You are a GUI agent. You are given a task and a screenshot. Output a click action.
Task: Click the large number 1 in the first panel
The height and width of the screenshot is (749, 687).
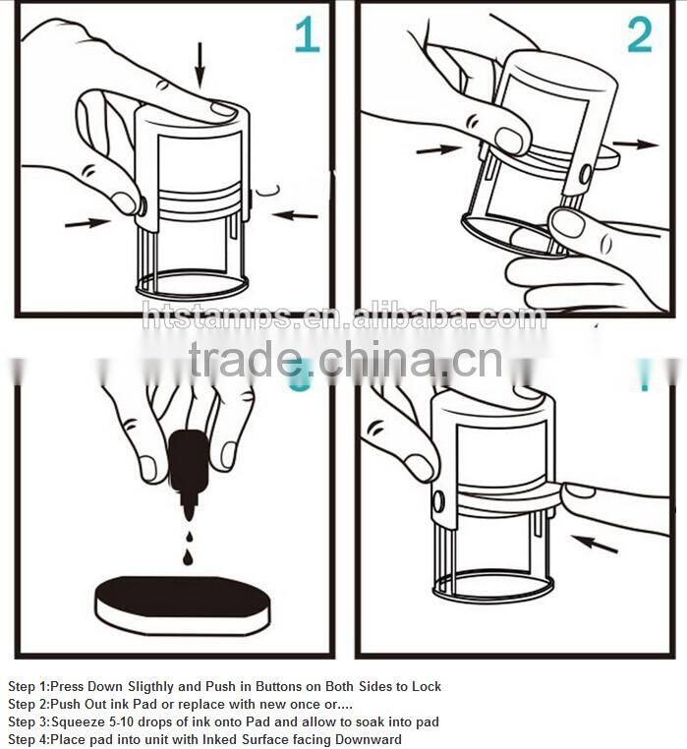point(307,35)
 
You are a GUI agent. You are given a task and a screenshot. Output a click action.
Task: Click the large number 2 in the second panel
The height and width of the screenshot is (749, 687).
point(640,35)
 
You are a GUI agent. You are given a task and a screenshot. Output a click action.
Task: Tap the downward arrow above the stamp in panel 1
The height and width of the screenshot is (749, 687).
point(200,64)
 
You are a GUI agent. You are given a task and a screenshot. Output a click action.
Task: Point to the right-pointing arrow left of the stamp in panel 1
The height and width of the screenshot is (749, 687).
point(88,223)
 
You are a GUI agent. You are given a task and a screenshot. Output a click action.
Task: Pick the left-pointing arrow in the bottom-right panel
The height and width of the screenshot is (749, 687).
point(595,542)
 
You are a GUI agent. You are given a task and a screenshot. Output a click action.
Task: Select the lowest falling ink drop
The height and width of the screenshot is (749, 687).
point(188,558)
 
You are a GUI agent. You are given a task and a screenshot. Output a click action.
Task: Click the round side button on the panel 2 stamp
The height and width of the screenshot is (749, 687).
point(585,174)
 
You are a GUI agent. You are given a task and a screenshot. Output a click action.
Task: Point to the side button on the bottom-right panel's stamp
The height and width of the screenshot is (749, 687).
point(438,501)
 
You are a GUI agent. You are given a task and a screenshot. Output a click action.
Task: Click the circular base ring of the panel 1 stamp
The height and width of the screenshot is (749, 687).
point(192,286)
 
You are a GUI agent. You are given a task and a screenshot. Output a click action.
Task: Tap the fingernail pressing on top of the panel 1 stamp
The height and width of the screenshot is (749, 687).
point(222,110)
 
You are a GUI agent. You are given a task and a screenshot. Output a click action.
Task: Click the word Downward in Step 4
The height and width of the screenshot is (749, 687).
point(368,740)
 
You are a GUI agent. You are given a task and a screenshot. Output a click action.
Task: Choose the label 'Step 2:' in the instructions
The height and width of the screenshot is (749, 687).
point(28,705)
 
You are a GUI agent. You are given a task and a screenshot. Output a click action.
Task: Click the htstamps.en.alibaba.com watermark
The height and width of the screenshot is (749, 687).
point(344,317)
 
